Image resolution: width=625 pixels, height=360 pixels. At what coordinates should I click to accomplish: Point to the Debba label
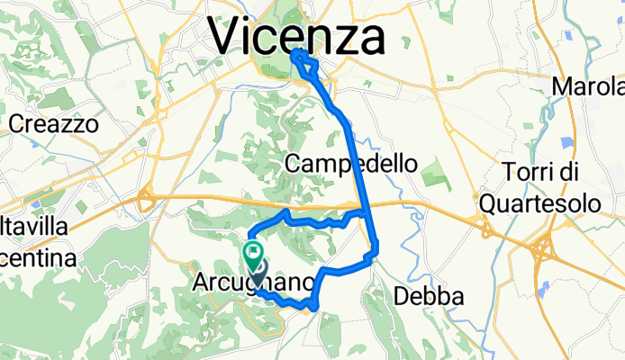[x=430, y=296]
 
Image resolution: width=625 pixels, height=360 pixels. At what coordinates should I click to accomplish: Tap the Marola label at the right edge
[x=588, y=87]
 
